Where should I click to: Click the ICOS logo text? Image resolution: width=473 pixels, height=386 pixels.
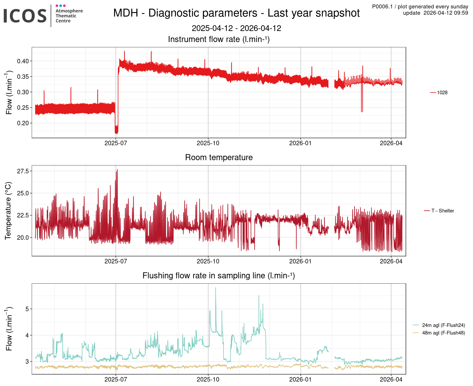point(25,15)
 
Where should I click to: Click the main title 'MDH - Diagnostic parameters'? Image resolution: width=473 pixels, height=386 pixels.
point(236,13)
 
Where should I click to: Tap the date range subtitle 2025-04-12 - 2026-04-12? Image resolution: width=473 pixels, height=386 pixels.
point(236,28)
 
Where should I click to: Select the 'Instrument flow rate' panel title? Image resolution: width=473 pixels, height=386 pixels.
point(219,39)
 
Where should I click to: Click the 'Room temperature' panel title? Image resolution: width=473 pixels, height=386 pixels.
point(219,157)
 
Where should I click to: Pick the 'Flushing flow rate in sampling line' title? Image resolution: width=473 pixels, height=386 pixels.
point(219,275)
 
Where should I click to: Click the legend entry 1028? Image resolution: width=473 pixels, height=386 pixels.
point(442,92)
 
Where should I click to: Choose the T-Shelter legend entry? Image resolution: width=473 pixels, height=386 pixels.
point(443,211)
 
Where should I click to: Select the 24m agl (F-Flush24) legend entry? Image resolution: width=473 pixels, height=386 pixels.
point(443,325)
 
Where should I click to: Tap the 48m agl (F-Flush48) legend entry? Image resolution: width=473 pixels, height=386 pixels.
point(443,333)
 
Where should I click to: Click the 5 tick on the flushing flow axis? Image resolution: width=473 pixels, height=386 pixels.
point(27,309)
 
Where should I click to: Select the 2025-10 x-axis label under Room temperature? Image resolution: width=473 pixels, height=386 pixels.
point(208,261)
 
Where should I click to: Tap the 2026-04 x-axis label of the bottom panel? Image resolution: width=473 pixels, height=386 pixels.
point(391,379)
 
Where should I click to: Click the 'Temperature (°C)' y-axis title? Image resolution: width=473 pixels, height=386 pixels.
point(8,211)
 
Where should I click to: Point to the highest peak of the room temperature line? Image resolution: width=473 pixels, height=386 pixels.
point(117,170)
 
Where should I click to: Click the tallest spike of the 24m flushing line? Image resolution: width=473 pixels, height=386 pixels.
point(215,288)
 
